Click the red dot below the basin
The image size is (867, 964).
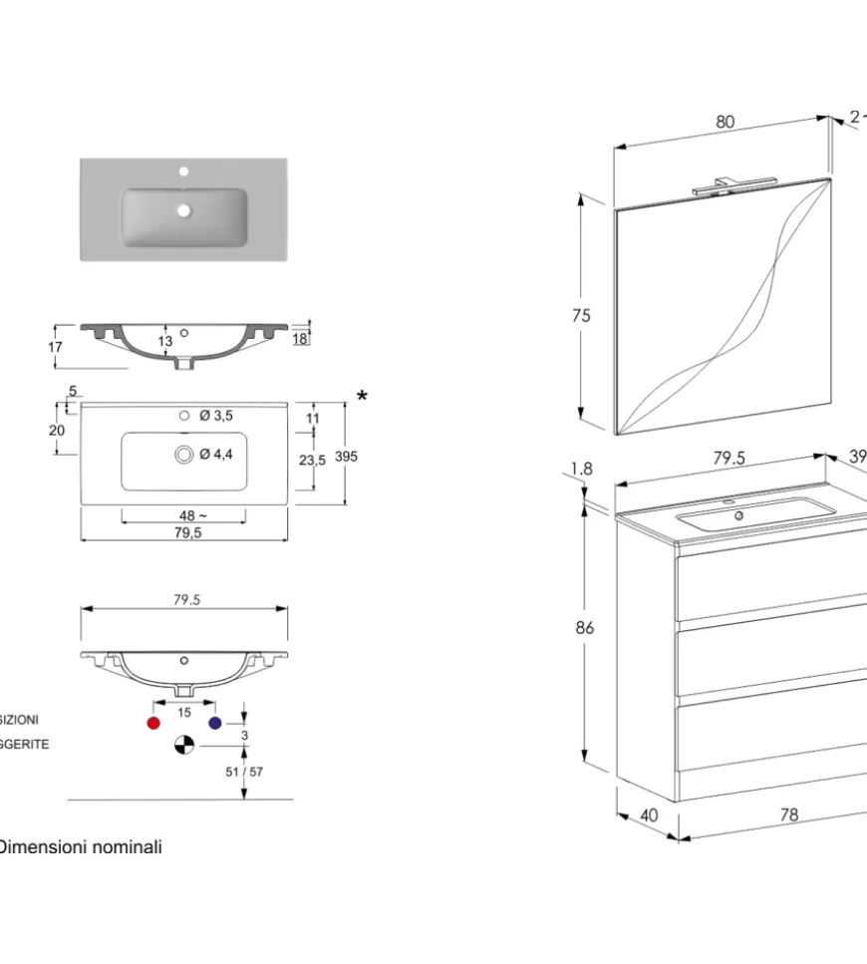point(153,723)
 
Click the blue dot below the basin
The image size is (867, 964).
point(213,723)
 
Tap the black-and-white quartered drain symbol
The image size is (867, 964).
point(183,745)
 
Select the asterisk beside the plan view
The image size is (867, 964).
point(362,398)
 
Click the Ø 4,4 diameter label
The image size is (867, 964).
point(216,455)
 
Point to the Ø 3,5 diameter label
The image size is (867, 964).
point(216,416)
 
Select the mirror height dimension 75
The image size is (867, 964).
point(581,315)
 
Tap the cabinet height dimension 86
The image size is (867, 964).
point(585,627)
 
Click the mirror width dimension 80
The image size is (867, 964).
point(724,122)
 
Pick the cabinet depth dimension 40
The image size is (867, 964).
point(649,814)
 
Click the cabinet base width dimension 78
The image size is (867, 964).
point(788,814)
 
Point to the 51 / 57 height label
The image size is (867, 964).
point(245,771)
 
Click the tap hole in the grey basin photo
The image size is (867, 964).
point(183,172)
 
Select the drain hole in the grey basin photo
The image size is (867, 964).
point(183,210)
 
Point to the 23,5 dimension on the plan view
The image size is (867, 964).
point(313,460)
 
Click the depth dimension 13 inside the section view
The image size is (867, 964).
point(165,342)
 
